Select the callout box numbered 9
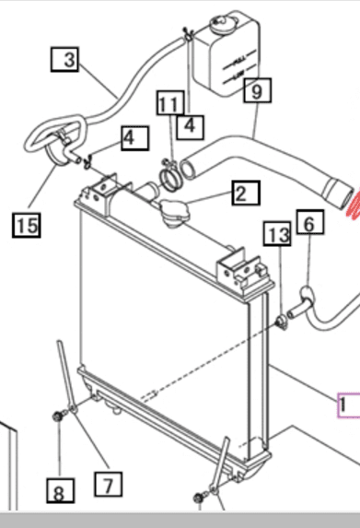[x=257, y=90]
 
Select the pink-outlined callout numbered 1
[x=350, y=404]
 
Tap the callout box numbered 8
[x=61, y=493]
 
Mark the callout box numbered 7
[x=108, y=482]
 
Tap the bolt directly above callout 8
[x=58, y=417]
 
